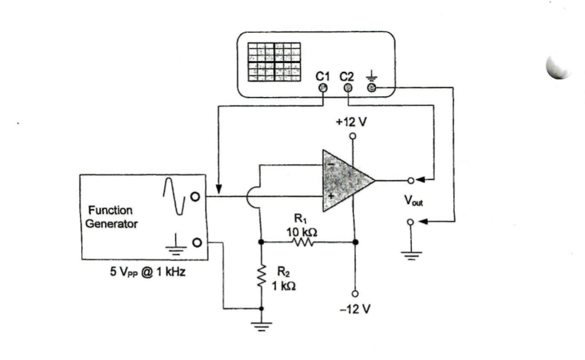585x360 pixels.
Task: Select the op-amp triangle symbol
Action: tap(346, 181)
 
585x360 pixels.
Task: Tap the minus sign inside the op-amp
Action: tap(330, 166)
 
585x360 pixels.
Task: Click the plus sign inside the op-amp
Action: tap(330, 196)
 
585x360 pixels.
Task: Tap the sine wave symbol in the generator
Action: tap(174, 196)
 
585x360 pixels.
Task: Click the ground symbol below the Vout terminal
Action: tap(410, 255)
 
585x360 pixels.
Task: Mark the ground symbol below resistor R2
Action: tap(261, 327)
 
